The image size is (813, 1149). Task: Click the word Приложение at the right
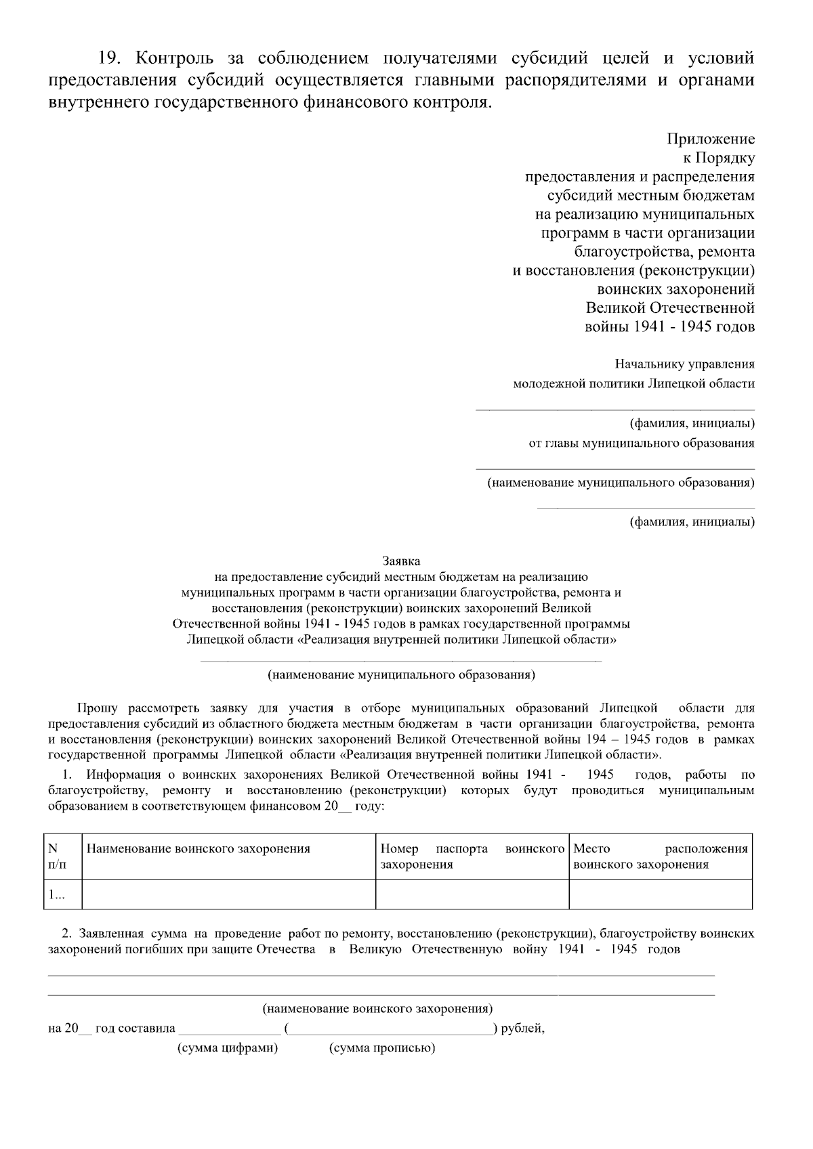[711, 139]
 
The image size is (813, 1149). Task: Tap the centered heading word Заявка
[401, 561]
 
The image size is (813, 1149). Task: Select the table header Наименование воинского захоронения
[199, 849]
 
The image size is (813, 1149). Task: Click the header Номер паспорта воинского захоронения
[472, 857]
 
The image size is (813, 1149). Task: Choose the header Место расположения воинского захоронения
[661, 857]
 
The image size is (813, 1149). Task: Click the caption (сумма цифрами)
[228, 1048]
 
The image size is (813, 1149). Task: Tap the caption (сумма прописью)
[382, 1048]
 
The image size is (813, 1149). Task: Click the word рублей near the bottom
[522, 1028]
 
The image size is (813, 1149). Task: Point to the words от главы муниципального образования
[641, 443]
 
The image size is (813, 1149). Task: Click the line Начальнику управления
[684, 364]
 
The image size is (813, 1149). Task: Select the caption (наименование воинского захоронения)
[377, 1009]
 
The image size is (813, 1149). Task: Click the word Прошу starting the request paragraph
[98, 708]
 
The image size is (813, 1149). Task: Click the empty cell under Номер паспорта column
[472, 894]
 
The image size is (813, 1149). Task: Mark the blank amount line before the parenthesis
[229, 1030]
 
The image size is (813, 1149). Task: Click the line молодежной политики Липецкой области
[633, 384]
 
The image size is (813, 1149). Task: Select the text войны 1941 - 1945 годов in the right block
[669, 327]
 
